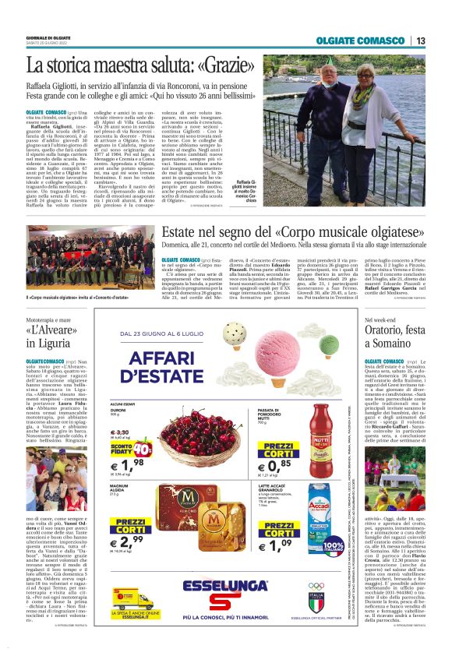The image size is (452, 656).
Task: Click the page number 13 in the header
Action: pos(421,41)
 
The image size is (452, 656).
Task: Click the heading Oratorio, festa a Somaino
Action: pos(395,337)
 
